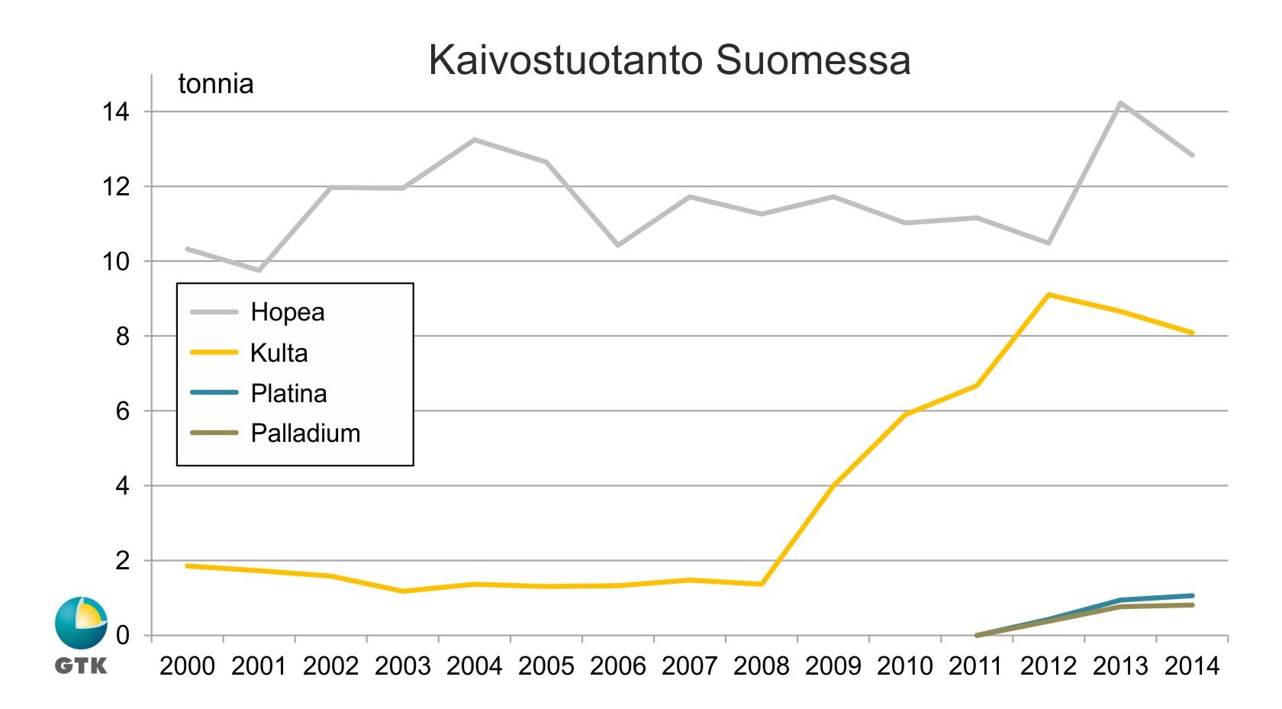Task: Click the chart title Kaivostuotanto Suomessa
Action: (669, 60)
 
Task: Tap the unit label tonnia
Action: (215, 84)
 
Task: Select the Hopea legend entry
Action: (287, 312)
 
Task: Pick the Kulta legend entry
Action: (279, 353)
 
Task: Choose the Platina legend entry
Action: (288, 393)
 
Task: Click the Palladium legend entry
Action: (305, 433)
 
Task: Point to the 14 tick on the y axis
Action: (117, 112)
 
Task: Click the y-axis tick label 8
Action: (123, 337)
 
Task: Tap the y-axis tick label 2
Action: (123, 561)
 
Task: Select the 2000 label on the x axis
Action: (187, 666)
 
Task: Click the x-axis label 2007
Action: (689, 666)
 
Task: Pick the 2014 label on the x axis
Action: (1192, 666)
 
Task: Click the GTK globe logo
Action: (81, 623)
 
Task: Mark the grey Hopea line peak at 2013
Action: (1120, 103)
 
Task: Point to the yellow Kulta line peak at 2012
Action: (1048, 295)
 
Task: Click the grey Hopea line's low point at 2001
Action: (259, 270)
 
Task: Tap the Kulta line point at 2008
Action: (762, 584)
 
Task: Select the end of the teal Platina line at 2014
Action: (1192, 595)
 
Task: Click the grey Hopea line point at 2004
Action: (475, 140)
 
